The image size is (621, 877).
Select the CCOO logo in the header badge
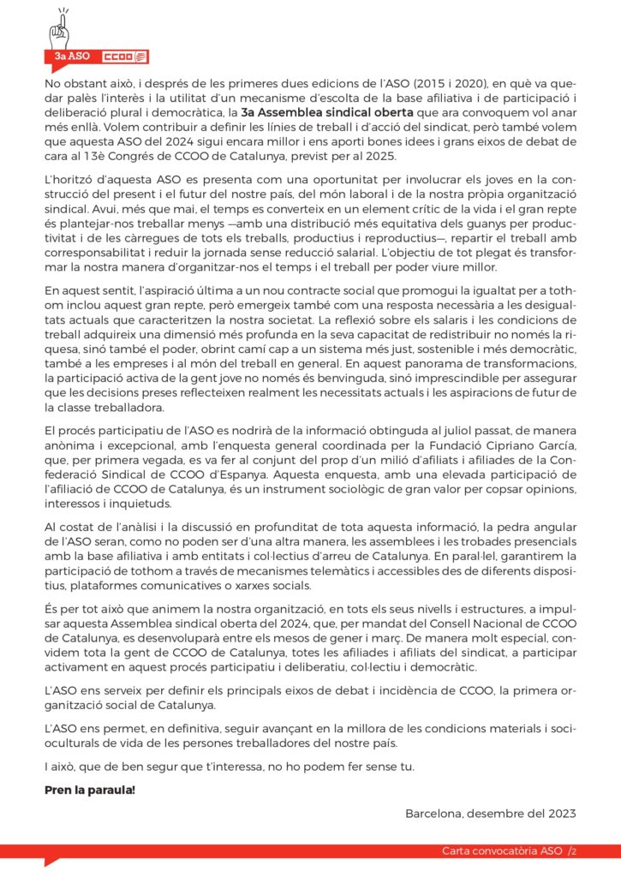tap(112, 57)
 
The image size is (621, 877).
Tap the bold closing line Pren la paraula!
tap(90, 788)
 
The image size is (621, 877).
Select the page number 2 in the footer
tap(573, 851)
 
